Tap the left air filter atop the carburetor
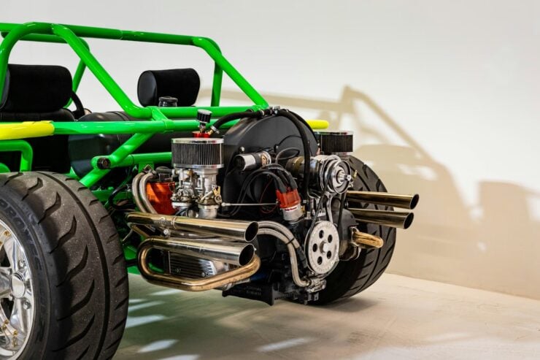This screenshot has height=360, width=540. tap(196, 153)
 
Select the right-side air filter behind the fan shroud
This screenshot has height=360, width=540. tap(335, 142)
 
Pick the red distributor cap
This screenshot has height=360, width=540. tap(289, 199)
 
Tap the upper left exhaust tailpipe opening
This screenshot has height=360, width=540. tap(251, 231)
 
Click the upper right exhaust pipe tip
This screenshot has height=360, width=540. tap(413, 201)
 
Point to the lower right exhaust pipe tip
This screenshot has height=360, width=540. tap(408, 220)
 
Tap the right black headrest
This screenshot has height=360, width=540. tap(169, 87)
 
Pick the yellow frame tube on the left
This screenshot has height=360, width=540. tap(26, 129)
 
